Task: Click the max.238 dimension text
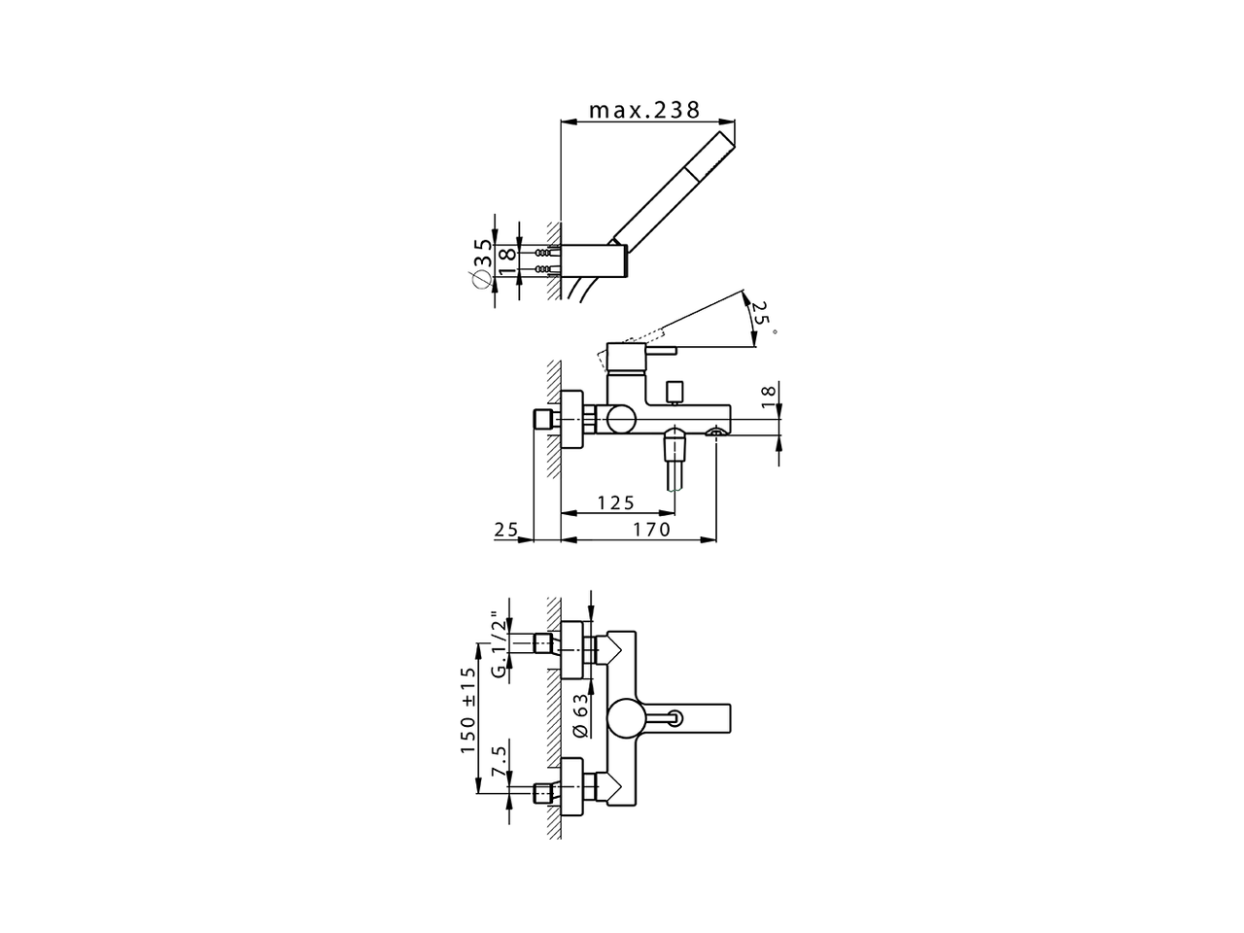pyautogui.click(x=644, y=110)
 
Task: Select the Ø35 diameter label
pyautogui.click(x=481, y=261)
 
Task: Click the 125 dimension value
pyautogui.click(x=615, y=502)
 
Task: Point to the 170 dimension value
pyautogui.click(x=652, y=530)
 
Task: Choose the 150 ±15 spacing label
pyautogui.click(x=468, y=710)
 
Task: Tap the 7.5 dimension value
pyautogui.click(x=498, y=761)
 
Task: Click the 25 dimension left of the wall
pyautogui.click(x=505, y=530)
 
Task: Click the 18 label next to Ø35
pyautogui.click(x=505, y=259)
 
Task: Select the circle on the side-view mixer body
pyautogui.click(x=619, y=421)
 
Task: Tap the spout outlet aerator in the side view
pyautogui.click(x=716, y=432)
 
